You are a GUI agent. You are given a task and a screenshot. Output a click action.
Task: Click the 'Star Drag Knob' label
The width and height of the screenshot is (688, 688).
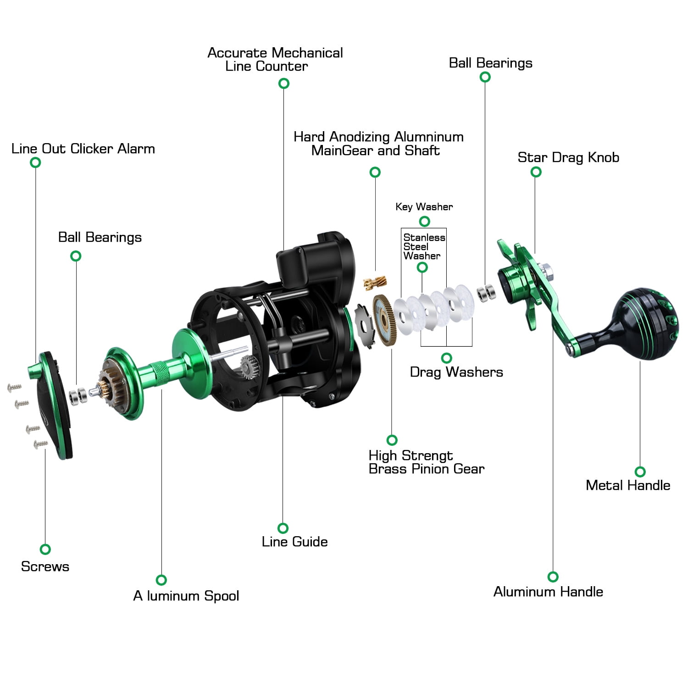pyautogui.click(x=568, y=157)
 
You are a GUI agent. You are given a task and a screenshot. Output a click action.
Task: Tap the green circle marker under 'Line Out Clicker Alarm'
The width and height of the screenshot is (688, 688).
pyautogui.click(x=35, y=162)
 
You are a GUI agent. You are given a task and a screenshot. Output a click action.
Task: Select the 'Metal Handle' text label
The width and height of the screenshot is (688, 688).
pyautogui.click(x=627, y=485)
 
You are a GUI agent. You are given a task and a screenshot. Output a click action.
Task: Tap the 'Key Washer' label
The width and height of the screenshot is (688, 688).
pyautogui.click(x=424, y=207)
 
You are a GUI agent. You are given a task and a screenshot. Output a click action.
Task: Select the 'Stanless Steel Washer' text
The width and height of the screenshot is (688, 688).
pyautogui.click(x=423, y=247)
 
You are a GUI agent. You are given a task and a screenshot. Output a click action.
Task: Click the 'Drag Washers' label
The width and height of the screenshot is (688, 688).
pyautogui.click(x=456, y=372)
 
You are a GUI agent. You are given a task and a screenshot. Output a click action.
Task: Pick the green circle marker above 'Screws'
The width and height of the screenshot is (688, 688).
pyautogui.click(x=45, y=549)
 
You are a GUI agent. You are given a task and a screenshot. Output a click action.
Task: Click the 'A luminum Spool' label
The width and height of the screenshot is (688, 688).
pyautogui.click(x=186, y=596)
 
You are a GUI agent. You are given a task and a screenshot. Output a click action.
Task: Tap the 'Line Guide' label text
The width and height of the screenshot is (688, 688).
pyautogui.click(x=294, y=542)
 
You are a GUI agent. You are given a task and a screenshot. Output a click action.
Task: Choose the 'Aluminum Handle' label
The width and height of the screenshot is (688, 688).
pyautogui.click(x=548, y=592)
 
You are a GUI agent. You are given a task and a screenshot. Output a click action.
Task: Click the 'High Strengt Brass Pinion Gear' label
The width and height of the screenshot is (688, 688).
pyautogui.click(x=426, y=462)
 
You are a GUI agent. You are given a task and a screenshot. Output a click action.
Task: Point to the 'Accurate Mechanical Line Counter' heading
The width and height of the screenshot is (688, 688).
pyautogui.click(x=275, y=60)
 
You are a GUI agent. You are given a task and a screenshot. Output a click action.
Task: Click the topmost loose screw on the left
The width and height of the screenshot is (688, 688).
pyautogui.click(x=15, y=388)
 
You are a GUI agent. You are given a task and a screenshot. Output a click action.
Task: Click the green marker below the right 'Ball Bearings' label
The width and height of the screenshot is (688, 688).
pyautogui.click(x=485, y=77)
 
